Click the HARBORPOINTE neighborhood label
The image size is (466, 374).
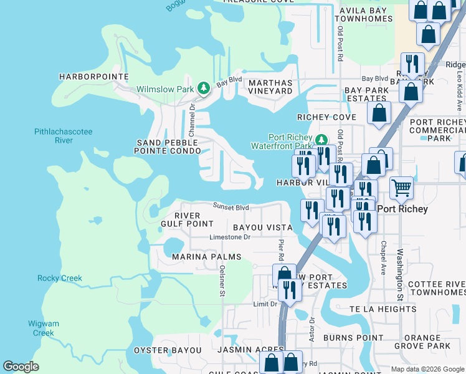(x=93, y=77)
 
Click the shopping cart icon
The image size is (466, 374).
(x=402, y=186)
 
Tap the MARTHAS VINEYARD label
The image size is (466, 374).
(x=270, y=87)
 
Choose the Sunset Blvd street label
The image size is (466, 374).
(x=231, y=207)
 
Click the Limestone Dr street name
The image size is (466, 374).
(x=229, y=237)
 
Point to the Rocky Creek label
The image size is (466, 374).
(x=60, y=278)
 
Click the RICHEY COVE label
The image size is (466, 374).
(x=326, y=117)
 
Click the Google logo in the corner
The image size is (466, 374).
(x=21, y=366)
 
